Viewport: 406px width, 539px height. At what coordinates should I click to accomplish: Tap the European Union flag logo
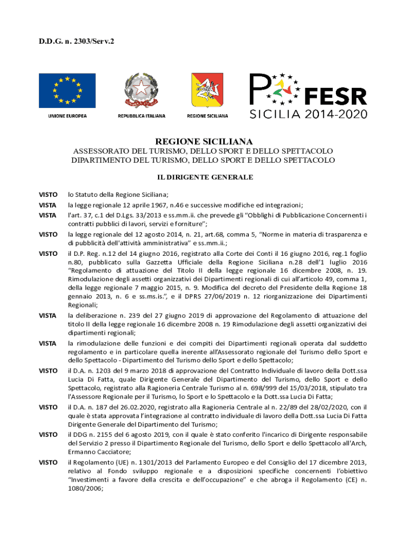[x=67, y=90]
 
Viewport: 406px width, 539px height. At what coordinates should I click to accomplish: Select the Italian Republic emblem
[x=141, y=91]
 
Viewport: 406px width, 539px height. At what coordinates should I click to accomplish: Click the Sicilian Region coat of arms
[x=207, y=91]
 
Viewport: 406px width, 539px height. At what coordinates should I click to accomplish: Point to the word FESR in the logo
[x=336, y=96]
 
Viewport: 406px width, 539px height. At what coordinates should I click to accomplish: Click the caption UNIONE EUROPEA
[x=67, y=115]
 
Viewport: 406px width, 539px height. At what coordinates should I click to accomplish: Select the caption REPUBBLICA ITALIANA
[x=141, y=115]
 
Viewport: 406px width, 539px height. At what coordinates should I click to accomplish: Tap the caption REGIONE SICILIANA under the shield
[x=207, y=115]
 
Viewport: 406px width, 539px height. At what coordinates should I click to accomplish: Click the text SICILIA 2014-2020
[x=308, y=114]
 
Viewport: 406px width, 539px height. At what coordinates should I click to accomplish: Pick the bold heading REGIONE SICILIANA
[x=204, y=142]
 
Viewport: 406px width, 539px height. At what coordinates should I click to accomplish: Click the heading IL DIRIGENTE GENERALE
[x=204, y=177]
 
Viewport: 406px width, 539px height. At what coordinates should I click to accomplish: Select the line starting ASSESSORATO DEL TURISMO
[x=204, y=151]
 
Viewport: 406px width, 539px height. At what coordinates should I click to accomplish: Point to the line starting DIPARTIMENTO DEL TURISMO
[x=204, y=160]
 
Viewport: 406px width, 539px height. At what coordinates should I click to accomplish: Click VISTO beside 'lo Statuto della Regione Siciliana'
[x=48, y=194]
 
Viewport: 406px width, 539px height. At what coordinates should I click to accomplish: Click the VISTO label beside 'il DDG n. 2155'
[x=48, y=434]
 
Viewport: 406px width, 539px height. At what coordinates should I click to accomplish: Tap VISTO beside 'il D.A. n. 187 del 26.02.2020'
[x=48, y=407]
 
